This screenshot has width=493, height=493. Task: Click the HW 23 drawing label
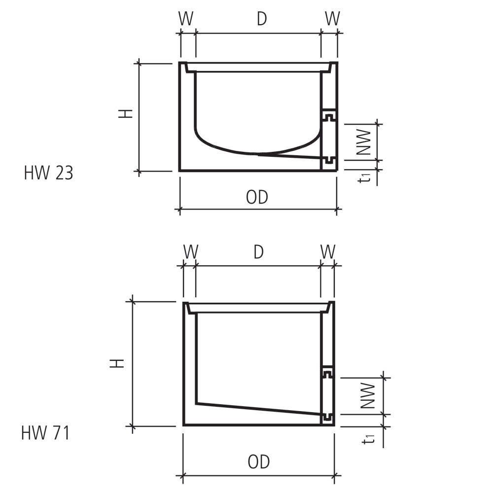tap(48, 173)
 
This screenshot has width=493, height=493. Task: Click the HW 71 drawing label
tap(45, 433)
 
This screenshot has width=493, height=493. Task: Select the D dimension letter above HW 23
tap(262, 19)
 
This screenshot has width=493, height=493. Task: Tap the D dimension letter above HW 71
tap(258, 252)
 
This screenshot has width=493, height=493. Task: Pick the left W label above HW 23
tap(186, 19)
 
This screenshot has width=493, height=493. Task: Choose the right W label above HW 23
tap(332, 19)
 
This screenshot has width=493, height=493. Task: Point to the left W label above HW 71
tap(191, 252)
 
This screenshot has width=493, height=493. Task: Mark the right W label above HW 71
tap(328, 252)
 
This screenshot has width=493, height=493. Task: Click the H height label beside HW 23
tap(125, 113)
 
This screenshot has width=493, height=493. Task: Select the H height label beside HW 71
tap(117, 363)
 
